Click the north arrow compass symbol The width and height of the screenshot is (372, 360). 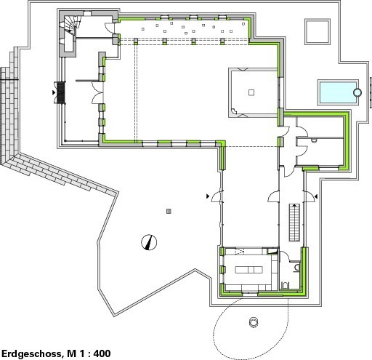click(149, 242)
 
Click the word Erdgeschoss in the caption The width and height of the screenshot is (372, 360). click(31, 353)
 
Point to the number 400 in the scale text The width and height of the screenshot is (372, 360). click(102, 353)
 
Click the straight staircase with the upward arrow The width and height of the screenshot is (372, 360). click(294, 223)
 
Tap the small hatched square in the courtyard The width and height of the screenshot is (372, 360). click(169, 212)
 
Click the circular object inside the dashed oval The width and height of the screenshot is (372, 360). click(254, 322)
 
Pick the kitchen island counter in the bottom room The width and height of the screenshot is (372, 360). click(248, 270)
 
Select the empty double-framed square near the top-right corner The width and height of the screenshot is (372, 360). click(318, 32)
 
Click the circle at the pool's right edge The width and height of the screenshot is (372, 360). click(357, 92)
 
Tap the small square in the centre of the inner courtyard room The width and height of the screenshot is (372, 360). click(251, 92)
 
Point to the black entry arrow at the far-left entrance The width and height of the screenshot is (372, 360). click(54, 92)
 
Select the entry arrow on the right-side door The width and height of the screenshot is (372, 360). click(315, 196)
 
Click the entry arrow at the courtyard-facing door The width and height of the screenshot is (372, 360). click(208, 196)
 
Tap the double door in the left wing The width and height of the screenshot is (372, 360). click(98, 92)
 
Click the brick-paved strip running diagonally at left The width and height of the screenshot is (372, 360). click(60, 173)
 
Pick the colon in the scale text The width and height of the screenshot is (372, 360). click(89, 354)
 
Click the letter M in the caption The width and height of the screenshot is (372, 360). click(71, 353)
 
